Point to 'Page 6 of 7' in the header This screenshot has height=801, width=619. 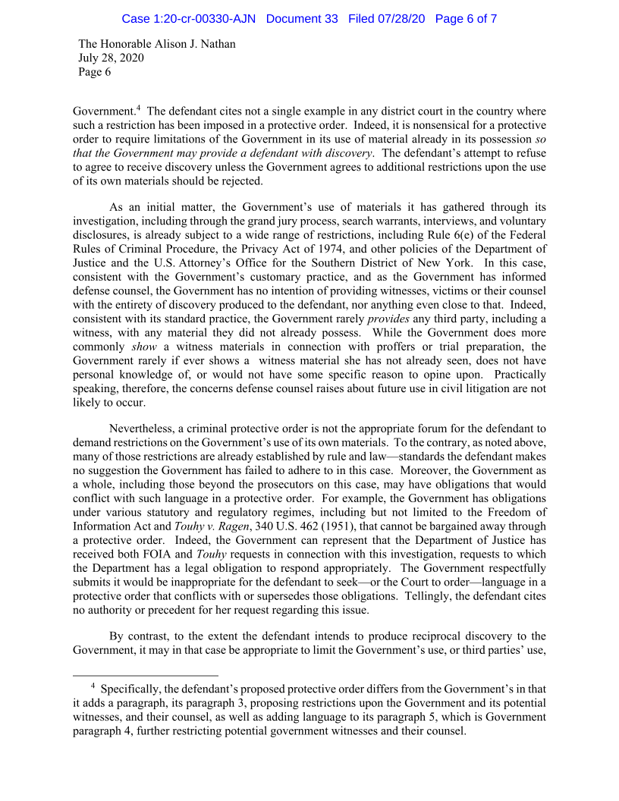pos(466,19)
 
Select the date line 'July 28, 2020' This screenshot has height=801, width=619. pos(112,58)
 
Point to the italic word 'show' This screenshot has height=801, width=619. pos(144,347)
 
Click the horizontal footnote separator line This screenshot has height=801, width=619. pos(145,674)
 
